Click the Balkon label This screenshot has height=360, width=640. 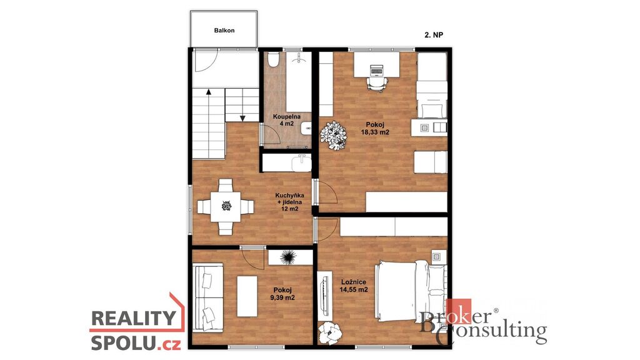[224, 30]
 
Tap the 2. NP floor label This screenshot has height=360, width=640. [434, 35]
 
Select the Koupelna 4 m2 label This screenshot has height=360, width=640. [286, 120]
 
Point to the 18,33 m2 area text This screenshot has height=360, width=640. [375, 132]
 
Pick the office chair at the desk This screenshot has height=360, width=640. [376, 84]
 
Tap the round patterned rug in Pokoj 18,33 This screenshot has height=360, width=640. [334, 136]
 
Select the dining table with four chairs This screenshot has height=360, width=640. [226, 206]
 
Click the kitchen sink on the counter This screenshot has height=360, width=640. [301, 162]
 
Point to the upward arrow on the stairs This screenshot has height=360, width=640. [209, 106]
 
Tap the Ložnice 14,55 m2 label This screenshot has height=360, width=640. [354, 286]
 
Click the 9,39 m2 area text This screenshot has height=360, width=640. [282, 297]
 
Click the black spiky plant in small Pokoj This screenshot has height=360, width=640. [287, 257]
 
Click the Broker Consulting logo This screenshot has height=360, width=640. [483, 322]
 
